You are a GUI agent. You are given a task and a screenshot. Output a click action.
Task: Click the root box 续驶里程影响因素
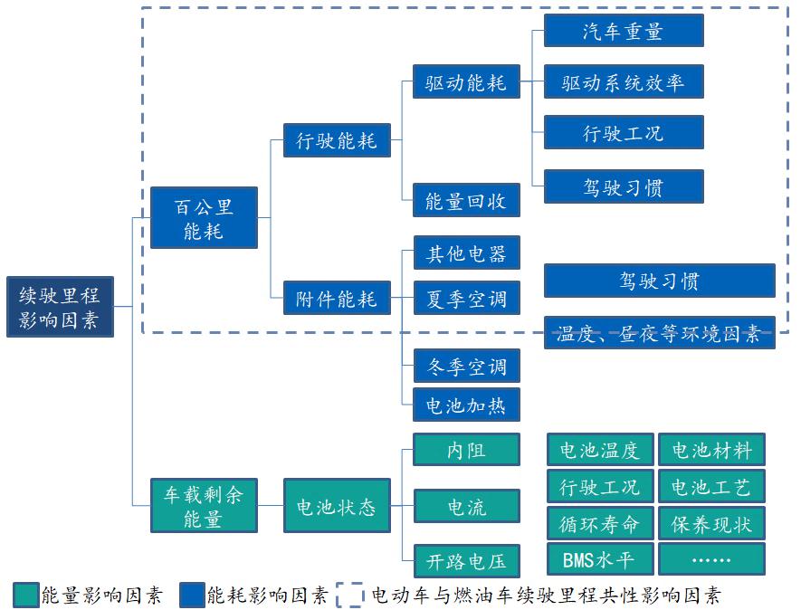pos(60,307)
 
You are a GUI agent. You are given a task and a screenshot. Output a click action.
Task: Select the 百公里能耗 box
pos(204,218)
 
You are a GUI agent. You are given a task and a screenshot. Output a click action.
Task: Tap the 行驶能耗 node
pos(336,140)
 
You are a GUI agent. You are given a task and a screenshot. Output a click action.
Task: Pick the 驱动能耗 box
pos(466,84)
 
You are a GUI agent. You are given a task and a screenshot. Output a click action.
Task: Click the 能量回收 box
pos(466,200)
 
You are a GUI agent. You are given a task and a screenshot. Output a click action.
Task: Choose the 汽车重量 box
pos(623,31)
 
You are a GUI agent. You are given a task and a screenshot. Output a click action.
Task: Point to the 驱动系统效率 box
pos(623,82)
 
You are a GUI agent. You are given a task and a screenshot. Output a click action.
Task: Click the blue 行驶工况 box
pos(623,133)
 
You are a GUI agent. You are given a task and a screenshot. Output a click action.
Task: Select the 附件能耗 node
pos(336,298)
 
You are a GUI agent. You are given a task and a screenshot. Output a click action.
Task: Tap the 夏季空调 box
pos(466,298)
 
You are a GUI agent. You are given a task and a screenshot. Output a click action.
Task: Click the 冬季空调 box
pos(466,366)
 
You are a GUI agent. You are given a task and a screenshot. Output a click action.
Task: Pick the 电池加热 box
pos(466,404)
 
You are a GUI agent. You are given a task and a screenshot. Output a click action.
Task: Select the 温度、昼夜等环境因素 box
pos(659,332)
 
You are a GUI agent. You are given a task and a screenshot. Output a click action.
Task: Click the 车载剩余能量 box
pos(204,506)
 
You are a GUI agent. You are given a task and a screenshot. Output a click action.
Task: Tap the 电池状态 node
pos(336,506)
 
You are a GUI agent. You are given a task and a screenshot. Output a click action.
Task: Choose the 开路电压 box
pos(466,560)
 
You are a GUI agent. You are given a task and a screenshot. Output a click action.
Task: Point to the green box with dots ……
pos(710,559)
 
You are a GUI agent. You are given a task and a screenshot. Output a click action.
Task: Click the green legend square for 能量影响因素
pos(25,595)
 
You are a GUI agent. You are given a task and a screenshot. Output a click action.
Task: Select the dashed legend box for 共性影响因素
pos(351,595)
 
